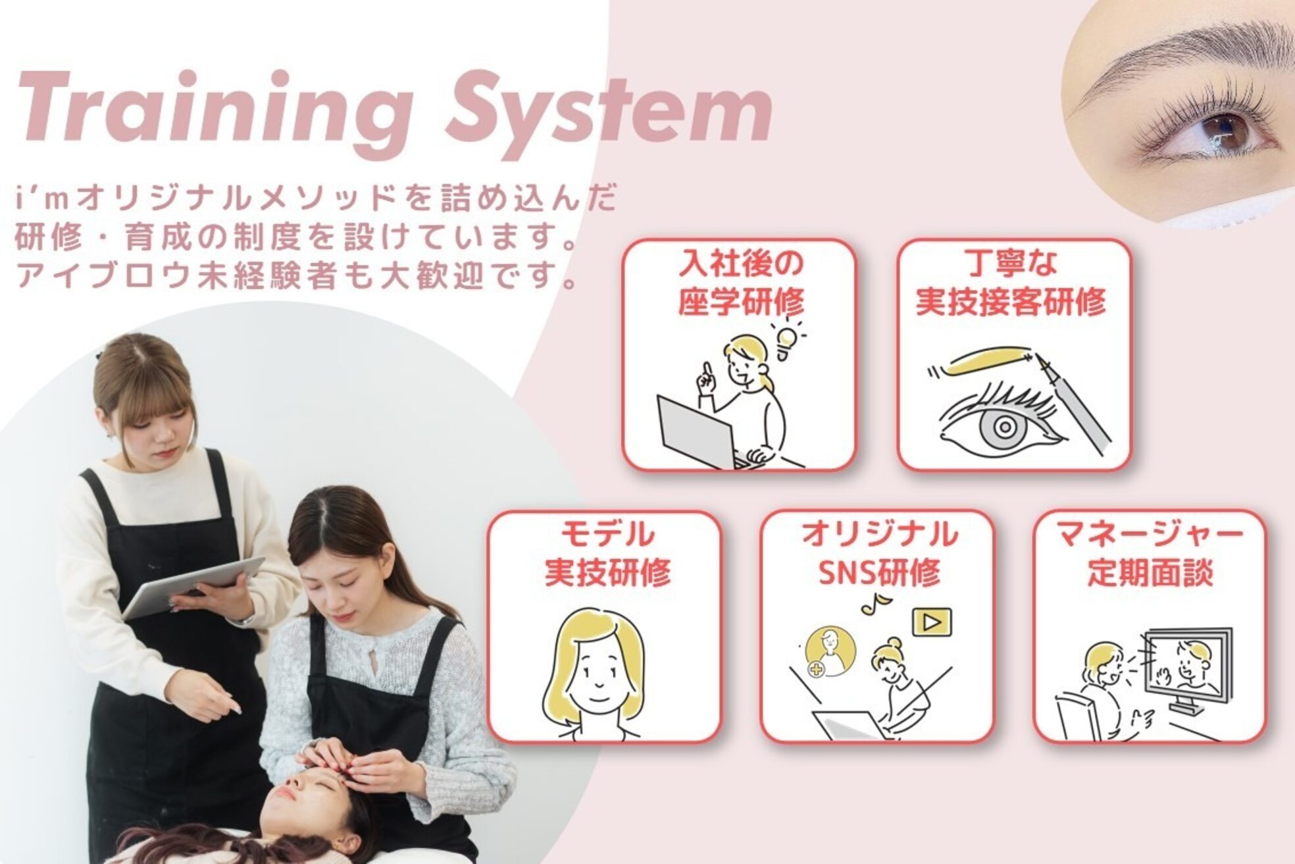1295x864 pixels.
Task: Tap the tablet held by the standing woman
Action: point(194,586)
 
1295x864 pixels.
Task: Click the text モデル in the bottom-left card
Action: point(606,533)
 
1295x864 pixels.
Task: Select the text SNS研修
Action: point(878,574)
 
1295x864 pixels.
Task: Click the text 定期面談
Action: point(1149,574)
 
